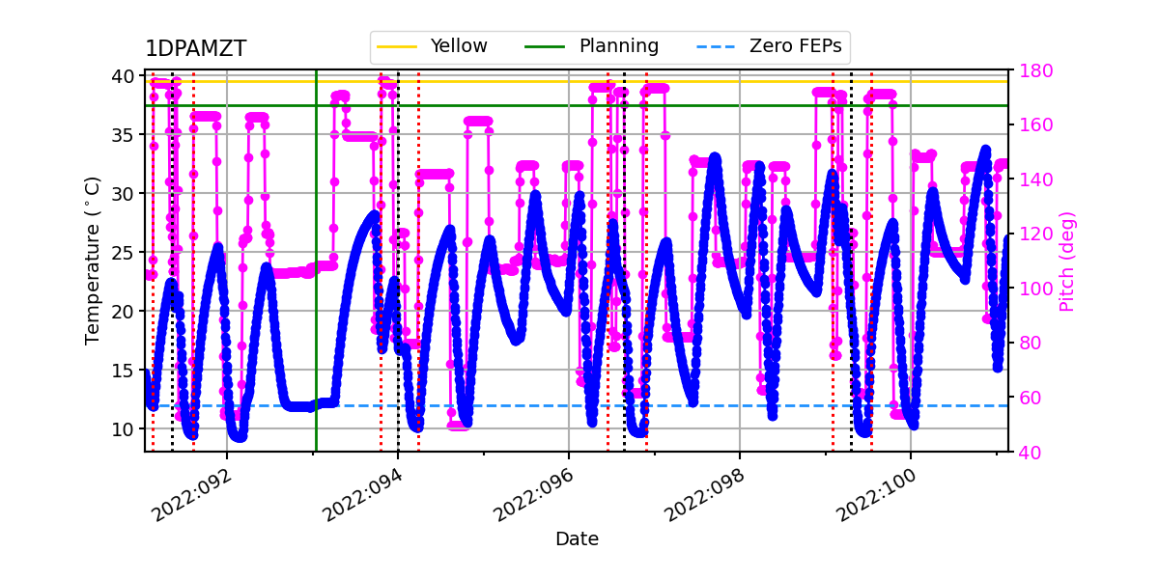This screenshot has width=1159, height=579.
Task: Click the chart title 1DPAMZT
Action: (x=196, y=49)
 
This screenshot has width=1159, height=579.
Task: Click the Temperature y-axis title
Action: (x=93, y=261)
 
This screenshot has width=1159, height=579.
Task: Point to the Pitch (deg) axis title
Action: (x=1067, y=261)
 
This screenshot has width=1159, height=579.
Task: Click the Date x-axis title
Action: (x=577, y=539)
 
